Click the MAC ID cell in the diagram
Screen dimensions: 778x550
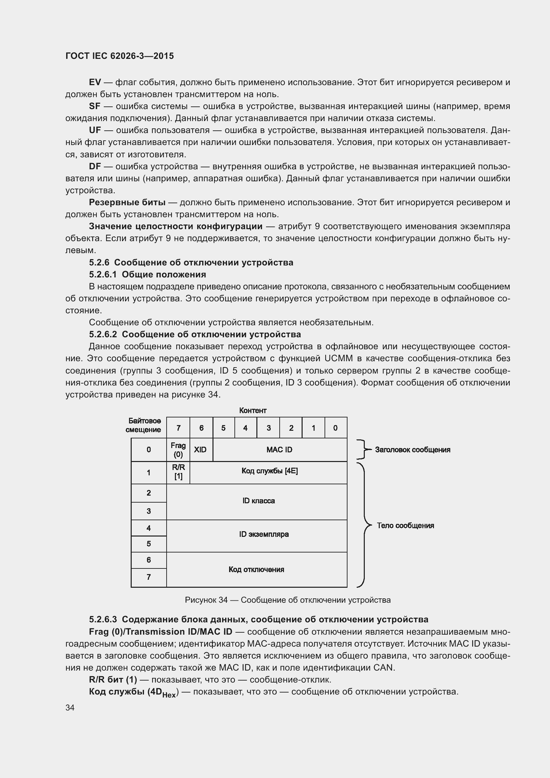pyautogui.click(x=279, y=450)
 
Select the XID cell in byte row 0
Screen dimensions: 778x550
pyautogui.click(x=200, y=450)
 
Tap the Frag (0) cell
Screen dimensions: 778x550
pyautogui.click(x=178, y=450)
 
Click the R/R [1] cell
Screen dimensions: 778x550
pyautogui.click(x=178, y=472)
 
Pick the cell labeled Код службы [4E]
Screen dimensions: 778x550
pyautogui.click(x=270, y=471)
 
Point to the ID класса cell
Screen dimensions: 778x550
pyautogui.click(x=258, y=501)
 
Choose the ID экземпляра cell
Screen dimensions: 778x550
pyautogui.click(x=264, y=535)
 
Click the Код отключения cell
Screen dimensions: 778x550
pyautogui.click(x=256, y=569)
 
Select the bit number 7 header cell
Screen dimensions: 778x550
pyautogui.click(x=179, y=428)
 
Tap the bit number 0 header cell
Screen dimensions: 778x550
pyautogui.click(x=335, y=428)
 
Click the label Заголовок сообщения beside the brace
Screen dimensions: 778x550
pyautogui.click(x=412, y=450)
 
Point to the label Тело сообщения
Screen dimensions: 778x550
pyautogui.click(x=405, y=526)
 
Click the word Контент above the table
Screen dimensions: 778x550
pyautogui.click(x=253, y=411)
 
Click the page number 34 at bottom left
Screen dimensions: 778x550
pyautogui.click(x=70, y=708)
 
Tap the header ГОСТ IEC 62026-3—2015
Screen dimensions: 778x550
pyautogui.click(x=120, y=56)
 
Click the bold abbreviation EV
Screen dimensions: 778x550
pyautogui.click(x=95, y=82)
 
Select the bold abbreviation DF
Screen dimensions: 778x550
pyautogui.click(x=95, y=166)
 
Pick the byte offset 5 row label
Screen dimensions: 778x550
pyautogui.click(x=149, y=544)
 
